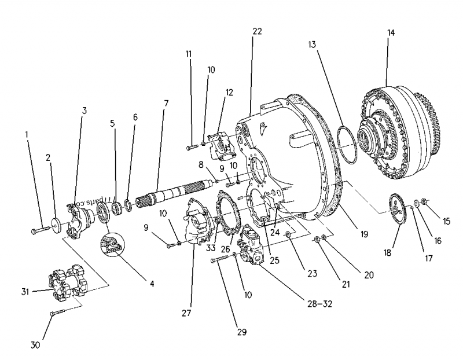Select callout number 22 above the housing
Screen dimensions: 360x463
[257, 31]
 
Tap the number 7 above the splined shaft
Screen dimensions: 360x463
[166, 104]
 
